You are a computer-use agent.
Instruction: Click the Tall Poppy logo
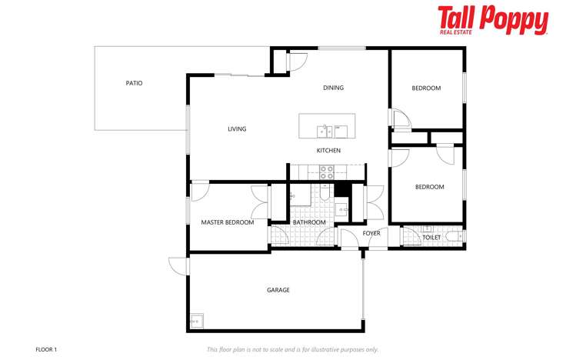(493, 20)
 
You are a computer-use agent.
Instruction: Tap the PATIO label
(135, 83)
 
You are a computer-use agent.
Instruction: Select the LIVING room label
(237, 129)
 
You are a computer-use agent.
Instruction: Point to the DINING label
(333, 88)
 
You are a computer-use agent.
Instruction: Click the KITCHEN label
(328, 151)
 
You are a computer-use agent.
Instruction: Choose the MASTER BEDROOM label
(227, 222)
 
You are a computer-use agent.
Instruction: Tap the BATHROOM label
(309, 222)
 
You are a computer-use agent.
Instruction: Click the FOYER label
(371, 233)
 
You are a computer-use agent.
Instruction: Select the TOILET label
(431, 238)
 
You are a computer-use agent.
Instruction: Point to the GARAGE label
(278, 290)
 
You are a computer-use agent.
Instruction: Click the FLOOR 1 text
(46, 349)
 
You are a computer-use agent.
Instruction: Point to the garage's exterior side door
(179, 265)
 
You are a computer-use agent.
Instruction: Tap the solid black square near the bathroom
(342, 190)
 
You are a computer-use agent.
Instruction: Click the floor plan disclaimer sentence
(292, 349)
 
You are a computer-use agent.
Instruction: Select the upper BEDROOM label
(426, 88)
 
